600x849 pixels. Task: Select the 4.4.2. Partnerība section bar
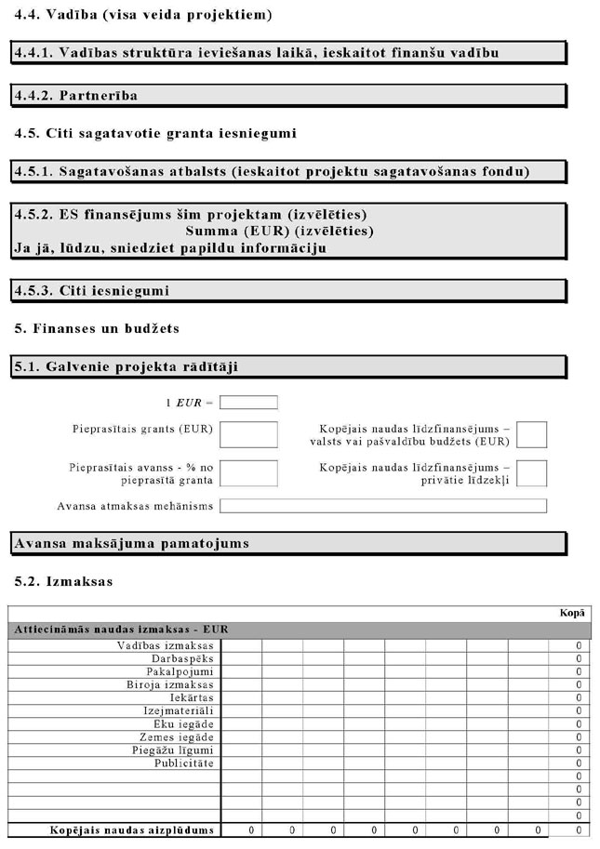point(287,95)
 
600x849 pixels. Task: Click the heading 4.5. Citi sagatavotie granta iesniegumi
point(155,133)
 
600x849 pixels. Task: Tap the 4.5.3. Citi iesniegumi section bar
point(287,291)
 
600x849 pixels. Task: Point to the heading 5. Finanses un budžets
point(97,328)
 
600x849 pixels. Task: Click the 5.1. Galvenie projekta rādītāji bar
point(287,366)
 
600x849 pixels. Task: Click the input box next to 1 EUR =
point(248,403)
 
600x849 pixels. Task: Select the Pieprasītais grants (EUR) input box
point(248,434)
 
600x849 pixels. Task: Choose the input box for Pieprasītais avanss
point(248,473)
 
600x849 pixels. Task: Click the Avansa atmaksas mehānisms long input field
point(382,506)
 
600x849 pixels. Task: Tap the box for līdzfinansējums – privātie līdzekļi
point(531,473)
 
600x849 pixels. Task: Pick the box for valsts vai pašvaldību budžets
point(531,434)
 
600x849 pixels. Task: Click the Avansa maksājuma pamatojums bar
point(287,543)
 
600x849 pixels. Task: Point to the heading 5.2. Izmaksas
point(63,581)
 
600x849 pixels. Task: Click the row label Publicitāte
point(184,763)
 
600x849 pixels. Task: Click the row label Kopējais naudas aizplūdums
point(132,829)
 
